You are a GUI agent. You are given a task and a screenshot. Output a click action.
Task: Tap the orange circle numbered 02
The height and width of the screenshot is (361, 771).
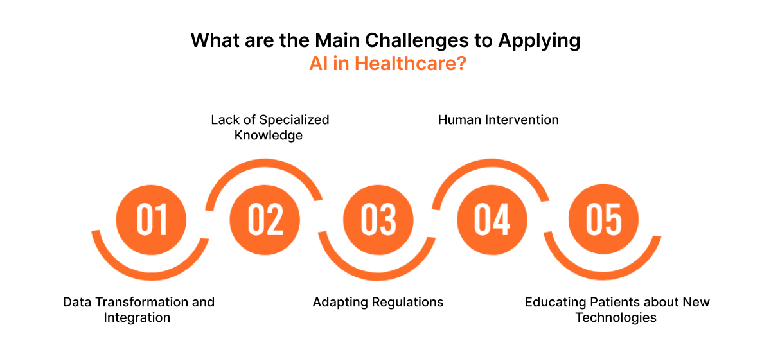pos(265,220)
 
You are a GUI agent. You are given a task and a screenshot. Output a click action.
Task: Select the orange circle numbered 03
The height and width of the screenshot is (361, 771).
pos(378,220)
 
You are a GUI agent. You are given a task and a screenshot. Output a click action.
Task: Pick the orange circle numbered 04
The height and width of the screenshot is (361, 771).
pos(492,220)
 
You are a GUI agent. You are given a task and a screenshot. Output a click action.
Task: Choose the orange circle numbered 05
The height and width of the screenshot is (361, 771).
pos(604,220)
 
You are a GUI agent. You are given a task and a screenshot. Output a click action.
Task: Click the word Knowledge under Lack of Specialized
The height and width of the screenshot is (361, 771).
pos(269,135)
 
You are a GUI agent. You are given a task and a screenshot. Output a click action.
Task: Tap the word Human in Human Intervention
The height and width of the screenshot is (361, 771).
pos(457,119)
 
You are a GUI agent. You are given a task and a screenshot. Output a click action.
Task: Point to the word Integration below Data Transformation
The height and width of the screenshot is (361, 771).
pos(137,317)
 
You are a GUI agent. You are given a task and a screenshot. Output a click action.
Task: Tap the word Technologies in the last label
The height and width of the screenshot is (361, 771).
pos(616,317)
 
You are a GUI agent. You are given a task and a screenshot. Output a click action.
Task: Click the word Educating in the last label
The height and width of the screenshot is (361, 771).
pos(553,302)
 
